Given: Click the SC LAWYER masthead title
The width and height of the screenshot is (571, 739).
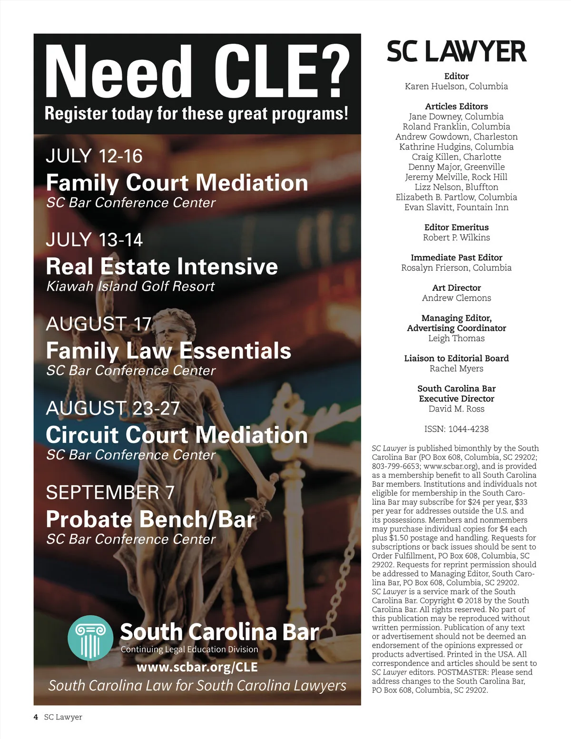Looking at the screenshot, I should point(456,51).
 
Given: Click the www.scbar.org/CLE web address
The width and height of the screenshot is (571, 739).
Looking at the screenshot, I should point(197,667).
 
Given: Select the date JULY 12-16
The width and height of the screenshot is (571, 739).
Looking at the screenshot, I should point(94,156).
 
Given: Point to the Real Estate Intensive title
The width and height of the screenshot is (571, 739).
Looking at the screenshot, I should point(162,266).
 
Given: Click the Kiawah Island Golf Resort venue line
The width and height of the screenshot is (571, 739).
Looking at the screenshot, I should point(130,286).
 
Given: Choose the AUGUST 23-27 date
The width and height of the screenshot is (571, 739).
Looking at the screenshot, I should point(113,408).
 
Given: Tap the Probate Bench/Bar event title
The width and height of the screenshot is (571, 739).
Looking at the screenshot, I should point(150,519).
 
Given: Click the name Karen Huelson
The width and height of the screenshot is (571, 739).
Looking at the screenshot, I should point(456,86).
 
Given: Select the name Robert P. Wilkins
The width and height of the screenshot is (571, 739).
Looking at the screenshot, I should point(456,237).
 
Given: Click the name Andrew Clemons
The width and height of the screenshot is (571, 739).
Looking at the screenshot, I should point(456,298).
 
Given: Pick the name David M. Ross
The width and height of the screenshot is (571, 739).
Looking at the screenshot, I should point(456,409).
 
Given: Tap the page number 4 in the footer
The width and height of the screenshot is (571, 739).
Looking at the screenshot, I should point(36,717).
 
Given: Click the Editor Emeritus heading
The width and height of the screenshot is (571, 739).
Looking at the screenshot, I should point(456,227).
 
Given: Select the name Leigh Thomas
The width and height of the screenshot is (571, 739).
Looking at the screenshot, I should point(456,338).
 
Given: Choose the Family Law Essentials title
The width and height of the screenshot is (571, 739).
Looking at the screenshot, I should point(168,351).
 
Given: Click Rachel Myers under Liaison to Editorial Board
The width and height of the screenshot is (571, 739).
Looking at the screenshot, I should point(456,368).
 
